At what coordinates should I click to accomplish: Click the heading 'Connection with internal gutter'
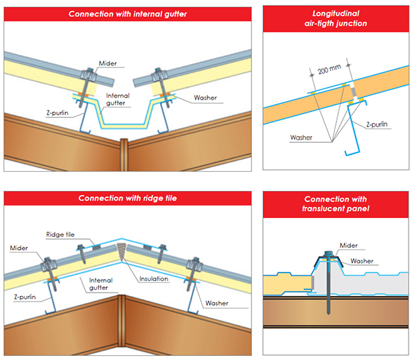tap(128, 14)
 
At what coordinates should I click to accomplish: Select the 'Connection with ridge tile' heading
tap(128, 198)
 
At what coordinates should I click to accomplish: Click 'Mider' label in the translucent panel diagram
tap(350, 245)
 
